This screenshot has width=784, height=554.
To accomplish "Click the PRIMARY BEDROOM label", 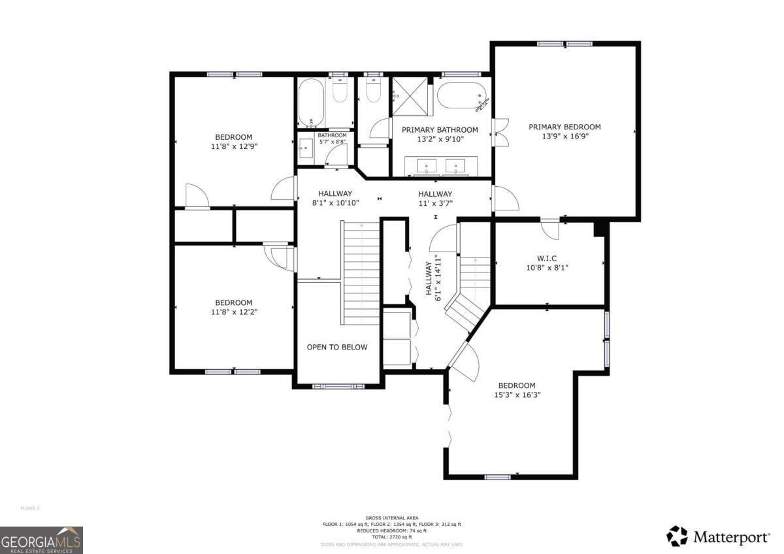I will point(564,127).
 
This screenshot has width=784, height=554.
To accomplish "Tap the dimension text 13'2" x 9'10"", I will point(439,139).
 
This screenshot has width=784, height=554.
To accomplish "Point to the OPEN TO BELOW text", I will point(337,347).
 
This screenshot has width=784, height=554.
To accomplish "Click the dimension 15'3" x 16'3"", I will point(516,395).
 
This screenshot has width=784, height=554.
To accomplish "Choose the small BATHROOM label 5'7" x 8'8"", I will point(332,138).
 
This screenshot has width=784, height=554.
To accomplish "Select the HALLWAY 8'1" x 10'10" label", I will point(335,198).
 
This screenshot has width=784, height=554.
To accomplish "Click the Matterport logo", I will point(717,537).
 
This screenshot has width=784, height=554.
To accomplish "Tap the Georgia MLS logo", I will point(41,540).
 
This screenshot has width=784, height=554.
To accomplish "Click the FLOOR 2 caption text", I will point(30,508).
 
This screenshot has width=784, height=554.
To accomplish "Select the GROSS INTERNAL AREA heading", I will point(392,517).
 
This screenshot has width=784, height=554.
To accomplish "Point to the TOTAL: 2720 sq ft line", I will point(392,537).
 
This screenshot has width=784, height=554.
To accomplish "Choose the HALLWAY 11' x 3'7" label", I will point(435,198).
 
